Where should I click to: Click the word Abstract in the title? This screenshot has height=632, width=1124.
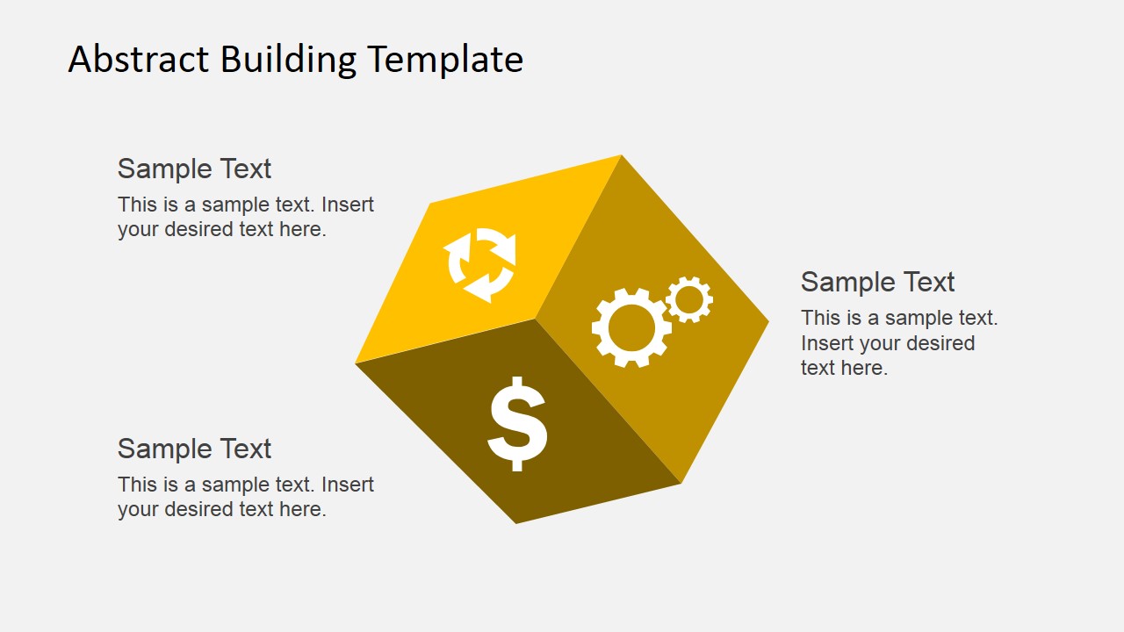tap(140, 60)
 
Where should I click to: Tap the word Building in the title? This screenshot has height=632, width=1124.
tap(288, 60)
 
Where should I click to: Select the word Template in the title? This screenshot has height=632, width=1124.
tap(445, 60)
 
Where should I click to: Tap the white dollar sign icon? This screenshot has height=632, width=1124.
tap(517, 424)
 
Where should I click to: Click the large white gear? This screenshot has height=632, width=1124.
tap(631, 327)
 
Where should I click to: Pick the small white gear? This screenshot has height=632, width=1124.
tap(689, 299)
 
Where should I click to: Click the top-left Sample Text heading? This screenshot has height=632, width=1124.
tap(194, 169)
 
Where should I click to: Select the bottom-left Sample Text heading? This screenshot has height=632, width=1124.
tap(194, 449)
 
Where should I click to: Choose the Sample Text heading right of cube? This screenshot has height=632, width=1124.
tap(877, 282)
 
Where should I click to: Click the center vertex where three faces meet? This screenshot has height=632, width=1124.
tap(536, 319)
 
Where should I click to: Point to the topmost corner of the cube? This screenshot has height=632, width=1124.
tap(621, 156)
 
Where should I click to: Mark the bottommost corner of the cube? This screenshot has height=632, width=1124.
tap(516, 523)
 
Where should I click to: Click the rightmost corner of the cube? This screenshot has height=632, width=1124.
tap(767, 322)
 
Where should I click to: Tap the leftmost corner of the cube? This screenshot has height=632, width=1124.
tap(357, 363)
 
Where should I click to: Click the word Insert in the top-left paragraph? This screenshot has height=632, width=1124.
tap(348, 205)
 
